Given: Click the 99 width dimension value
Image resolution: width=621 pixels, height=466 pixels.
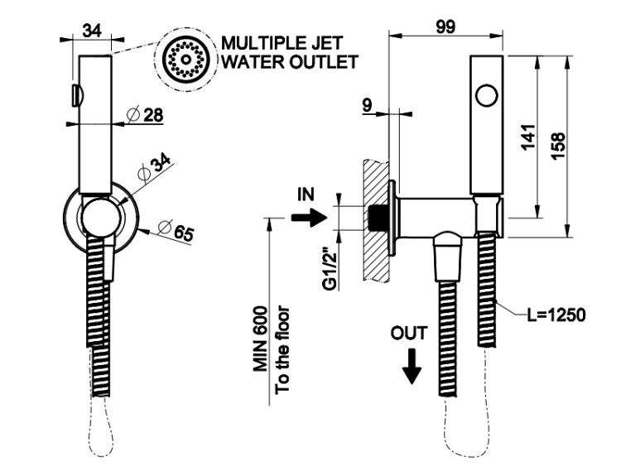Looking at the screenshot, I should coord(447,26).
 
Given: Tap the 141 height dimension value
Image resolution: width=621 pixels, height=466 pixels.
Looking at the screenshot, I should coord(529,137).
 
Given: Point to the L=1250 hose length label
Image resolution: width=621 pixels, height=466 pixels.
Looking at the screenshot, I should coord(557,315).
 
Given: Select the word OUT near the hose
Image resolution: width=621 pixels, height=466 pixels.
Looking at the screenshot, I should coord(410,334).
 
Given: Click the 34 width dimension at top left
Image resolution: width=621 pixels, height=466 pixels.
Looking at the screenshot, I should coord(92,31).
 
